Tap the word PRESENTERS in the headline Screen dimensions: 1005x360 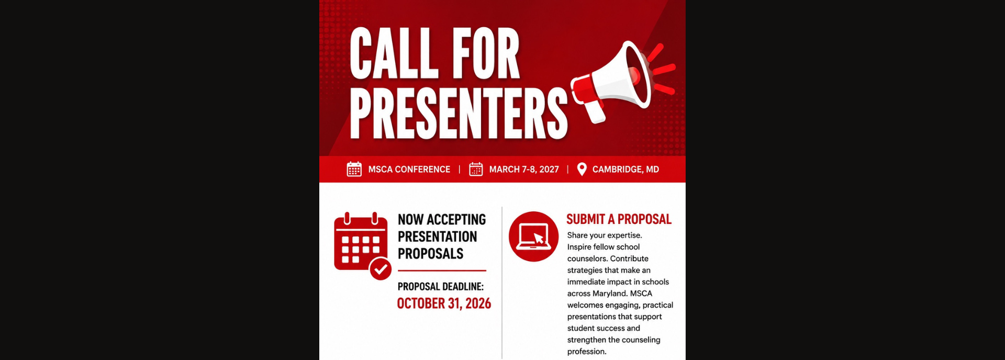459,113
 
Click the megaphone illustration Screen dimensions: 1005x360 623,81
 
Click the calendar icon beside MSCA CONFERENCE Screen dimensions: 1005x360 354,169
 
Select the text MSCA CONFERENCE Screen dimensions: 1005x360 409,170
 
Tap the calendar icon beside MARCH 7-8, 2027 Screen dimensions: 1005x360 476,169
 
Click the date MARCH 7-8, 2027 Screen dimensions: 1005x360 524,170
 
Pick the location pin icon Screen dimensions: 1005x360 582,169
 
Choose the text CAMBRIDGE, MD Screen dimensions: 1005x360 626,170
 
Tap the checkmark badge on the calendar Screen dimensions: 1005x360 381,269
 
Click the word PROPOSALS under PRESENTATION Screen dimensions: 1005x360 430,254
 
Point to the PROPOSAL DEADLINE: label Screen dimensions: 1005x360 441,287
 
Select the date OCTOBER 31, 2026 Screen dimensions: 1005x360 444,303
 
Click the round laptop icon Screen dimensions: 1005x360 533,237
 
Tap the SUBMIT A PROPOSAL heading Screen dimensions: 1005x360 619,219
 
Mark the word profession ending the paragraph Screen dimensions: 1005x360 586,352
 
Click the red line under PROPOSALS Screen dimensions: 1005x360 442,271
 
